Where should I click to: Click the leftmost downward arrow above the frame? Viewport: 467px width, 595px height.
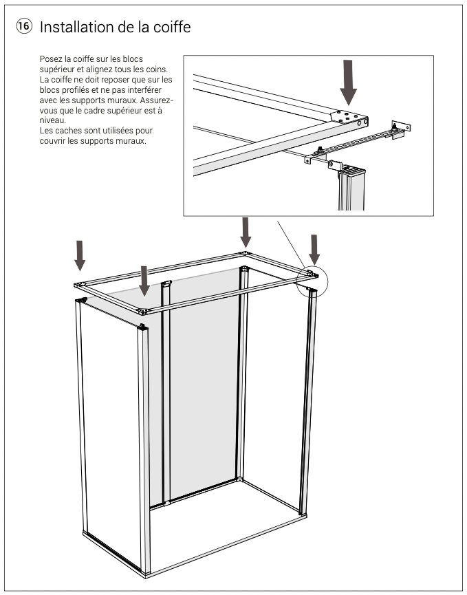[x=80, y=255]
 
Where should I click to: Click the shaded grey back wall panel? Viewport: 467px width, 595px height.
[x=203, y=385]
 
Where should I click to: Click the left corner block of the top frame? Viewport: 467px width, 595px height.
[x=79, y=283]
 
